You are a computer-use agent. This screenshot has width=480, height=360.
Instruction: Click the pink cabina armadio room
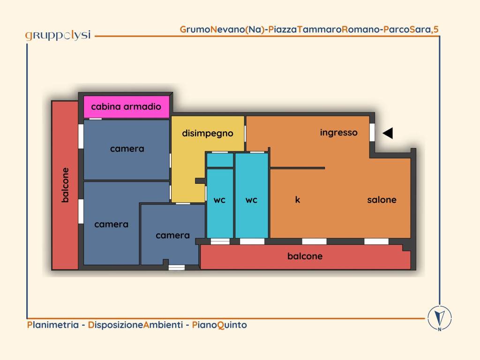[127, 107]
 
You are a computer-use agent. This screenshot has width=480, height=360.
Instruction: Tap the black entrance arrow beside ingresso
[388, 133]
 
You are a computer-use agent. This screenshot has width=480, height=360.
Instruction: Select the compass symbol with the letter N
[440, 318]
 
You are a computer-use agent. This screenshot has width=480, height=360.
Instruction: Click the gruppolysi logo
[58, 36]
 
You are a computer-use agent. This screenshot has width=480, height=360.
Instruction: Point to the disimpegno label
[208, 134]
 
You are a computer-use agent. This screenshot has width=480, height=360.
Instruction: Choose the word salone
[382, 200]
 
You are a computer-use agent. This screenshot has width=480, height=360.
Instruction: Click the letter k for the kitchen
[297, 200]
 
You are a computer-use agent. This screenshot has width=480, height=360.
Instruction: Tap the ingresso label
[338, 133]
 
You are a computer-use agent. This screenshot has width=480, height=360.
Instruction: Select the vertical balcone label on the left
[65, 185]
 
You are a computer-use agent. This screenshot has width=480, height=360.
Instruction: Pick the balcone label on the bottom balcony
[305, 256]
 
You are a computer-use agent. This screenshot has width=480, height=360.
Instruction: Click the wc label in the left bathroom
[219, 200]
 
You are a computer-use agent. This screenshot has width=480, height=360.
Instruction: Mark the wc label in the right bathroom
[251, 200]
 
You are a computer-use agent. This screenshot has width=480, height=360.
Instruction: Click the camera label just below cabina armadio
[127, 149]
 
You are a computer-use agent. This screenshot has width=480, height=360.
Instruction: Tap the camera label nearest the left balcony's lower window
[111, 225]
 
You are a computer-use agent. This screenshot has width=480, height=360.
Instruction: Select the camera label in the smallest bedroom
[172, 235]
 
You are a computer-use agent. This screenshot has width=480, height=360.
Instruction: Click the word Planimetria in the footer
[53, 325]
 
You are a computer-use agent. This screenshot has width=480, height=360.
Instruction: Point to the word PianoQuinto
[219, 325]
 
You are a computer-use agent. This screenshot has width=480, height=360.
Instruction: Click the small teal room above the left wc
[220, 160]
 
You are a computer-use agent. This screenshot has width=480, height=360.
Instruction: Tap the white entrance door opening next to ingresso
[372, 132]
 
